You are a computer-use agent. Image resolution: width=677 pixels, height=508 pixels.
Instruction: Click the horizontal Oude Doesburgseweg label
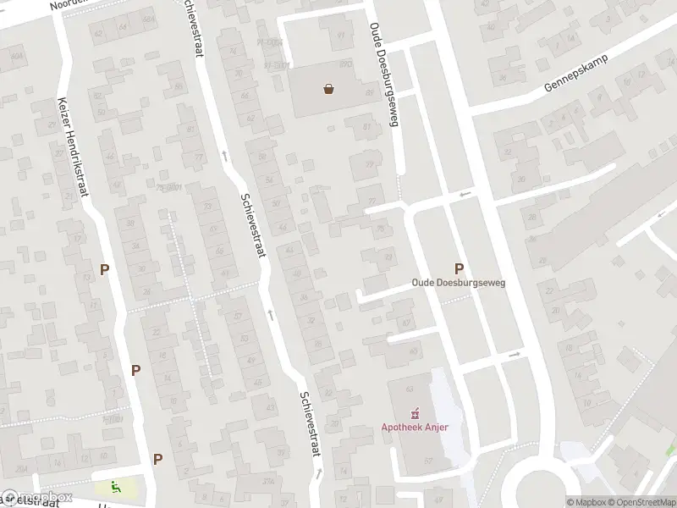coord(458,283)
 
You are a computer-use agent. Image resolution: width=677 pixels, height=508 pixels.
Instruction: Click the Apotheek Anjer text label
coord(414,426)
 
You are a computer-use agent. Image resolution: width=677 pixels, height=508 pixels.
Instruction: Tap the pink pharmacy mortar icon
coord(415,413)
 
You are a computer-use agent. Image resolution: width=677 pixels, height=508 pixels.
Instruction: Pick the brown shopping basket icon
coord(328,87)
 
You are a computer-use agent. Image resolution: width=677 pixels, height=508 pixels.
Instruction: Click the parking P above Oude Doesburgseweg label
coord(460,268)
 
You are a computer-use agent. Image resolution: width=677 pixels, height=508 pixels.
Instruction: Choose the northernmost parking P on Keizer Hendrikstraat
coord(105,270)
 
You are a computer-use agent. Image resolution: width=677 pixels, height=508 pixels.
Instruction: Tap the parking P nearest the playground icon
coord(157,459)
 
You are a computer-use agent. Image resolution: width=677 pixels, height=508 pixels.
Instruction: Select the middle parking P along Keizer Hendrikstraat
coord(135,370)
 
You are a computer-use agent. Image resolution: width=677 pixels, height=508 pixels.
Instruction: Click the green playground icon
coord(114,487)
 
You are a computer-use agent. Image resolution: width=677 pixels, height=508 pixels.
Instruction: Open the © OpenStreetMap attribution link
coord(641,501)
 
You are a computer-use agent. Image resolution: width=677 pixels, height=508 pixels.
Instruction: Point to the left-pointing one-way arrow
coord(463,195)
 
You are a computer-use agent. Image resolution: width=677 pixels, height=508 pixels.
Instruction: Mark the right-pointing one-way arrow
coord(514,355)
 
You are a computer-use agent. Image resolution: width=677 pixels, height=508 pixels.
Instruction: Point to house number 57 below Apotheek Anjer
coord(428,461)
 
